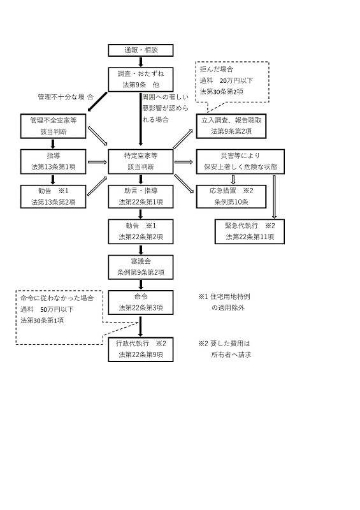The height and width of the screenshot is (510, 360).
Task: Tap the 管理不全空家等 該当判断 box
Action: pos(54,125)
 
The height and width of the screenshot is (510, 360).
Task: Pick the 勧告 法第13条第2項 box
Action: pos(54,196)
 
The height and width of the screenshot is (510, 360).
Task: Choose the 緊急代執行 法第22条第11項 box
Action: pos(250,231)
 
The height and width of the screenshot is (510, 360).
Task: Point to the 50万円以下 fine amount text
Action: pos(52,309)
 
